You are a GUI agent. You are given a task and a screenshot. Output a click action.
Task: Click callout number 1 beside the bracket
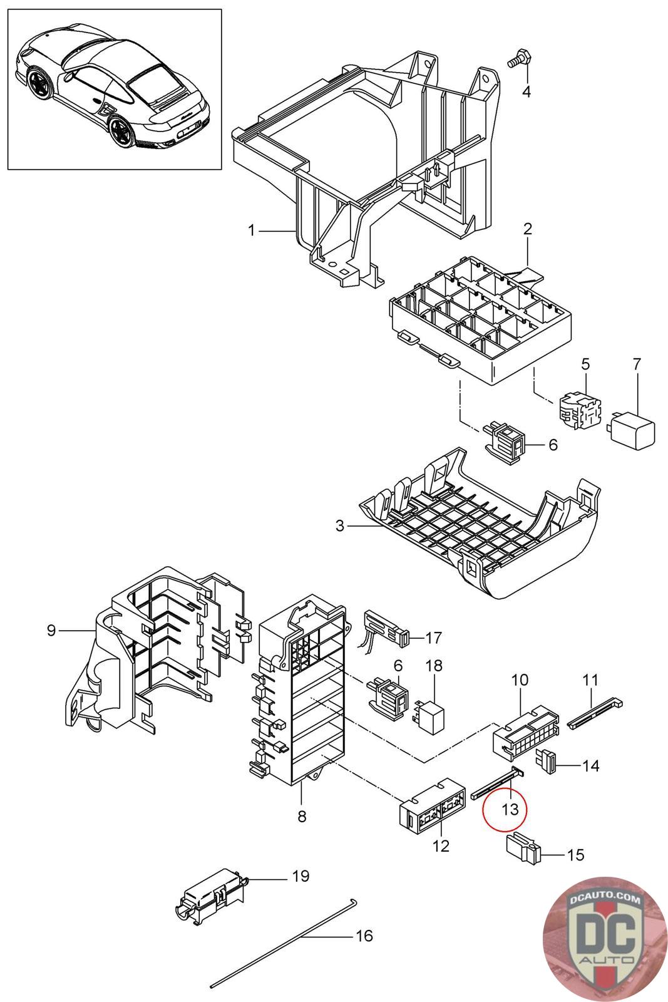coord(252,231)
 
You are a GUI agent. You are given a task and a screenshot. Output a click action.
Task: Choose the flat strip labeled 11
coord(595,713)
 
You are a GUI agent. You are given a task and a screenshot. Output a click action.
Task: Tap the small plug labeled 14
coord(547,760)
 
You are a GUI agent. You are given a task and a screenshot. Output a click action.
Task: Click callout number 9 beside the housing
coord(51,630)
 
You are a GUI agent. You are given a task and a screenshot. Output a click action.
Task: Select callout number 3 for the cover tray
coord(340,526)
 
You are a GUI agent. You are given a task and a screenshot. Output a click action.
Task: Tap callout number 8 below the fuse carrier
coord(302,817)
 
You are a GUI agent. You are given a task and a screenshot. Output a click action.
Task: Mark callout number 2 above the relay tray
coord(527,229)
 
